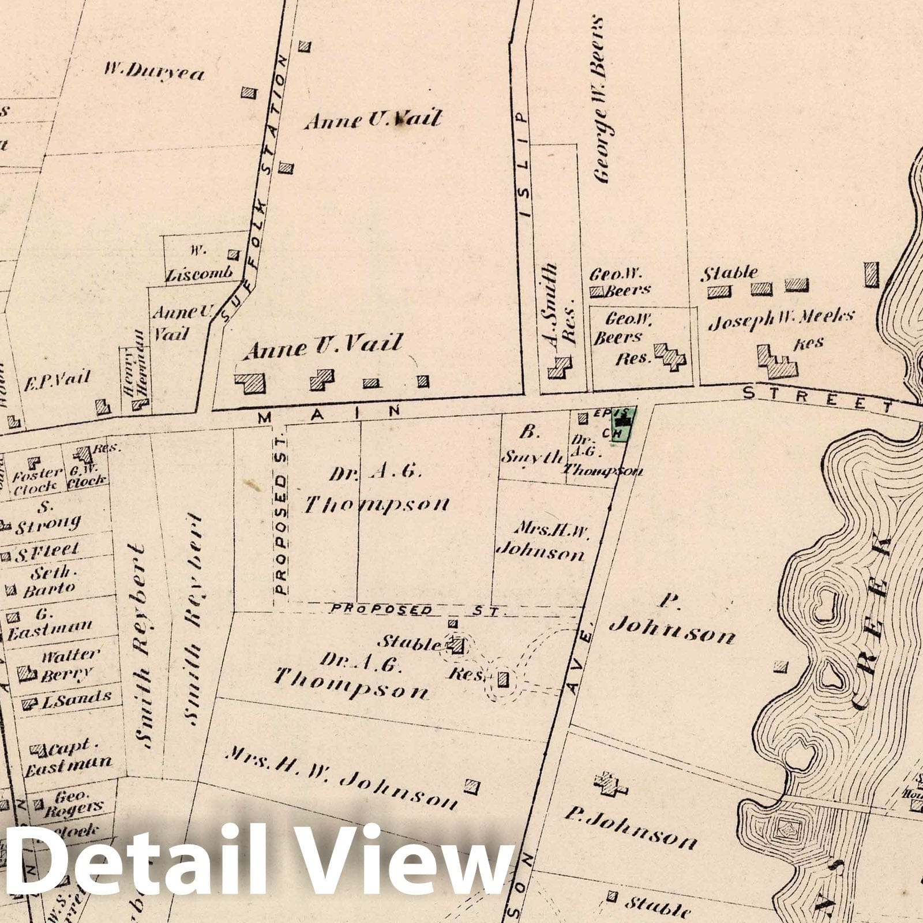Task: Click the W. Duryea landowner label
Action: [x=154, y=72]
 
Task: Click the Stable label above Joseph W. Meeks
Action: [x=729, y=273]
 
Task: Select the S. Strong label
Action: [x=46, y=517]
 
